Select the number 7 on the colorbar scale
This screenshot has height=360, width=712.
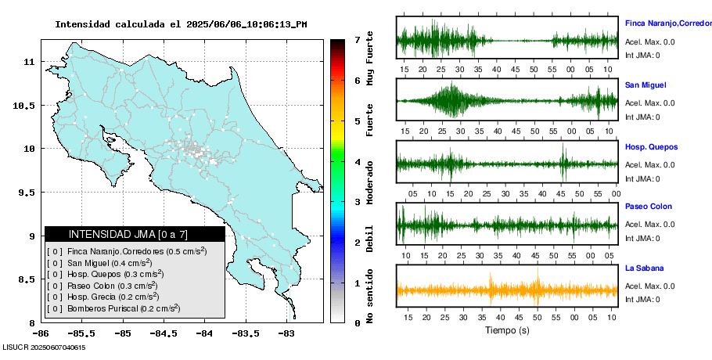357,39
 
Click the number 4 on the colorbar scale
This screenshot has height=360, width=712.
357,162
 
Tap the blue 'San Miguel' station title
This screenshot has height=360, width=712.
645,85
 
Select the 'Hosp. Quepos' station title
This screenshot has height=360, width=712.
651,146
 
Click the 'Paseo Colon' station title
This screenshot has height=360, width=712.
649,207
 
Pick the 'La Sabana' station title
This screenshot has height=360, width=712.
644,268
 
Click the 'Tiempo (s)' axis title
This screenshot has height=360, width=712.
508,330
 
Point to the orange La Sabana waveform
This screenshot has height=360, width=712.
507,291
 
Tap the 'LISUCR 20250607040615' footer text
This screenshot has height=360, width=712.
44,347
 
